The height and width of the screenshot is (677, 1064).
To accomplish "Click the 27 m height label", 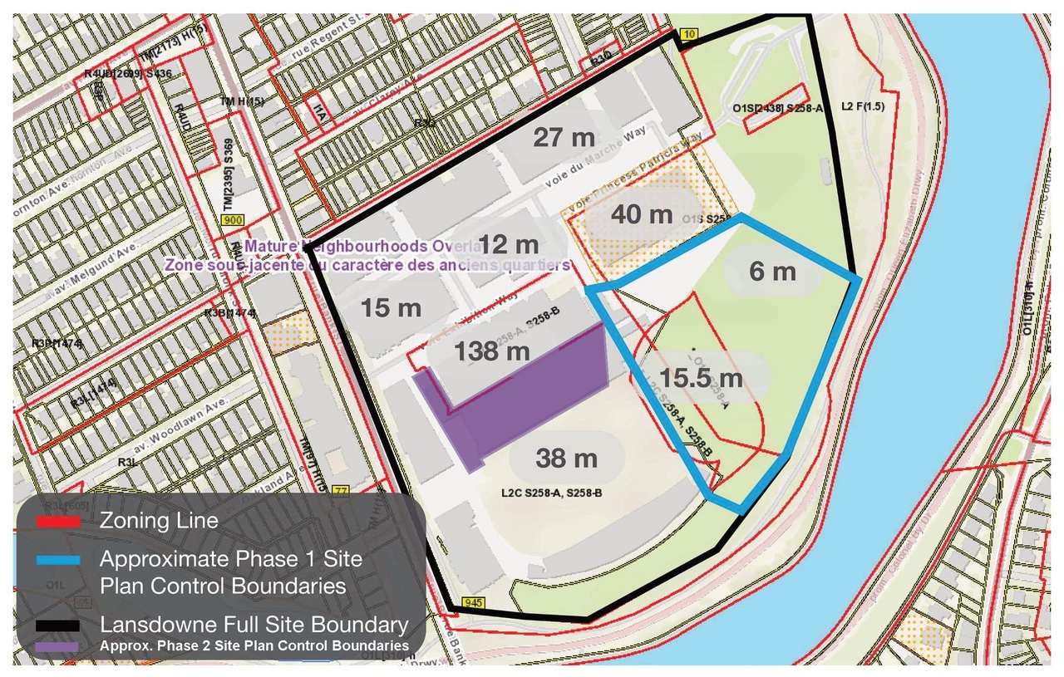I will pyautogui.click(x=564, y=137).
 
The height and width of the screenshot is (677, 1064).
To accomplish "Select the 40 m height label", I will pyautogui.click(x=641, y=214).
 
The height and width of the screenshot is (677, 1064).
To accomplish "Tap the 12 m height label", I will pyautogui.click(x=510, y=245).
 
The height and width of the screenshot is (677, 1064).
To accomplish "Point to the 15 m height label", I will pyautogui.click(x=392, y=308).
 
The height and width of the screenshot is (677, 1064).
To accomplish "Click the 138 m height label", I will pyautogui.click(x=491, y=351).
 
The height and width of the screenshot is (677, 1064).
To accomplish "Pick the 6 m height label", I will pyautogui.click(x=772, y=271).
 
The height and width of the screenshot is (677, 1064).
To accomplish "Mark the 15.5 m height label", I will pyautogui.click(x=701, y=378).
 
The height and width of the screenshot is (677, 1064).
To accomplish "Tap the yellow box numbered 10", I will pyautogui.click(x=687, y=33).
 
